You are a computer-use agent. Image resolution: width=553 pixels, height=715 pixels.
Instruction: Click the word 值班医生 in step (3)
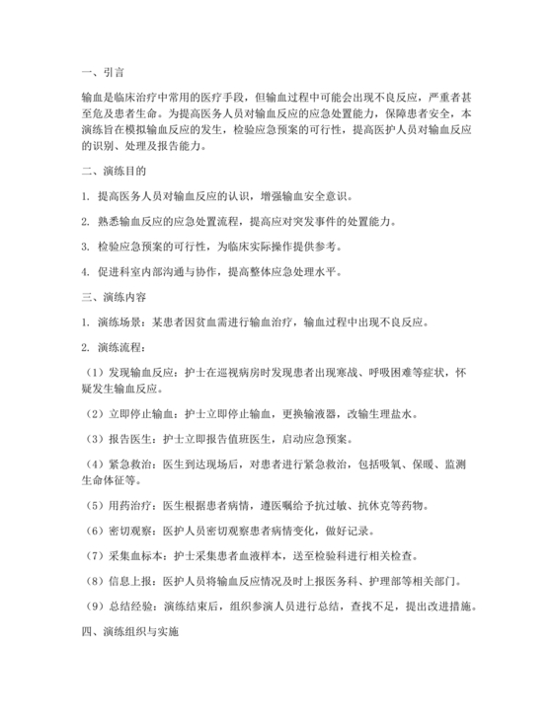[x=255, y=439]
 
